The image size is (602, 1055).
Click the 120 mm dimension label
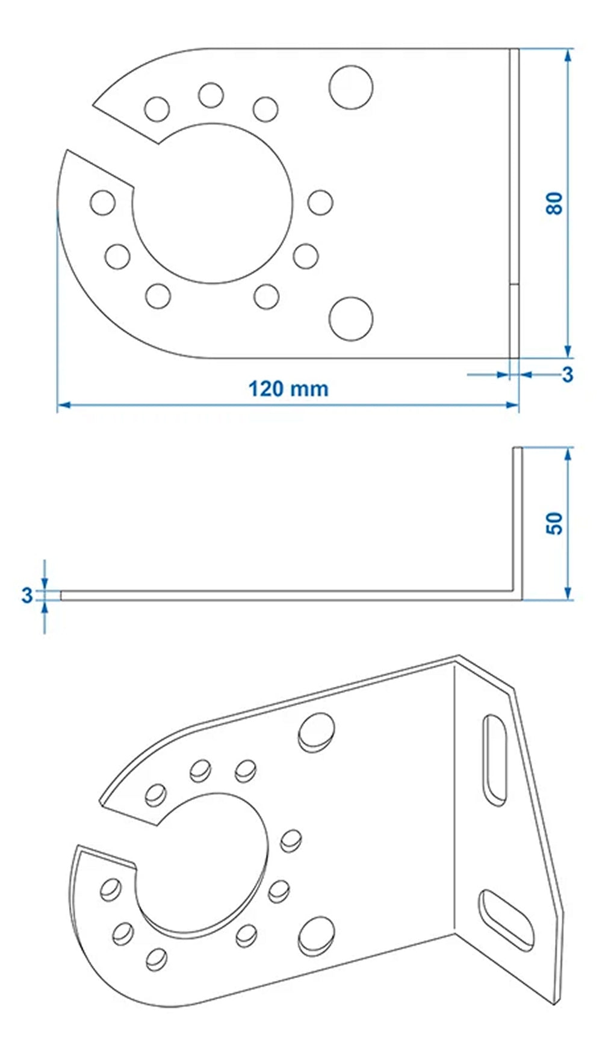coord(288,389)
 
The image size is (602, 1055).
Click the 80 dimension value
coord(554,203)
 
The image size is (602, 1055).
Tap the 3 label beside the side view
coord(26,595)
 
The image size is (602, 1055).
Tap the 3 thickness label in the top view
coord(567,375)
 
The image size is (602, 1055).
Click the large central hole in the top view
coord(212,203)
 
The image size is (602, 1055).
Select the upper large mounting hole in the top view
coord(350,87)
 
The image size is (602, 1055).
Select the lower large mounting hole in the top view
coord(350,318)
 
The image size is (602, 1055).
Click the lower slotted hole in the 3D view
coord(506,920)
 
